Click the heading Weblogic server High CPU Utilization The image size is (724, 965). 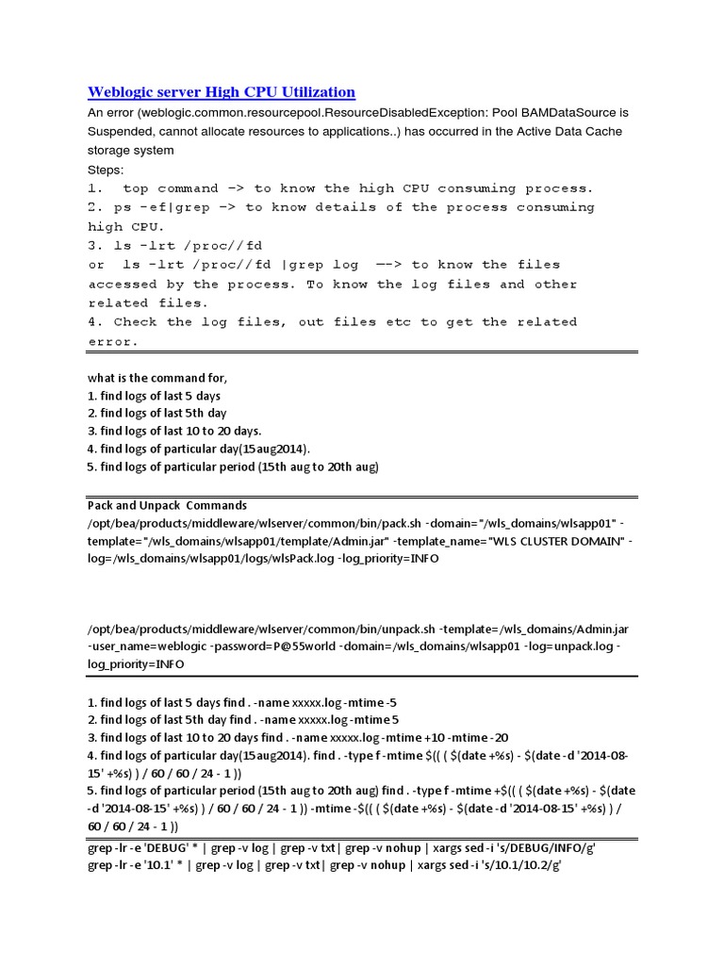click(222, 91)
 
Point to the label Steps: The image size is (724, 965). click(107, 169)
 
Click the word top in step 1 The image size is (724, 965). click(136, 188)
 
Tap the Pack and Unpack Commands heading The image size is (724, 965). click(167, 505)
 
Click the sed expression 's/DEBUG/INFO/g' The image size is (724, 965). click(541, 847)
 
